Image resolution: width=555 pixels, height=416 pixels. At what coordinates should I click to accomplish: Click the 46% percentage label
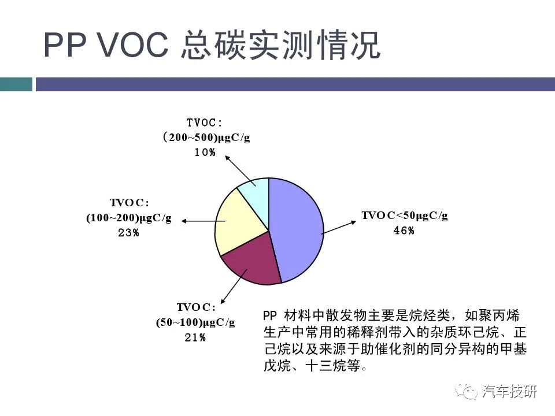[x=404, y=231]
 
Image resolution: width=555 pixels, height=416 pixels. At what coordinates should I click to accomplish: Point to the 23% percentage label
[x=128, y=233]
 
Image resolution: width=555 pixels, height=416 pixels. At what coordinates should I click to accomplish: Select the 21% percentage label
[x=195, y=337]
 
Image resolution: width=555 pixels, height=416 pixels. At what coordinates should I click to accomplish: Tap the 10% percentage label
[x=205, y=153]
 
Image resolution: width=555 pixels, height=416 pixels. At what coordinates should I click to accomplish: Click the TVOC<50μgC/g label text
[x=405, y=216]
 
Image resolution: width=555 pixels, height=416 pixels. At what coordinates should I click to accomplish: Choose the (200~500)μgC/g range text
[x=206, y=138]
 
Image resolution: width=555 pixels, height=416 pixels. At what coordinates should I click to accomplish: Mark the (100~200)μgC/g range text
[x=129, y=218]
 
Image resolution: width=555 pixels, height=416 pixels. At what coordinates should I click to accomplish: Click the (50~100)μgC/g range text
[x=195, y=322]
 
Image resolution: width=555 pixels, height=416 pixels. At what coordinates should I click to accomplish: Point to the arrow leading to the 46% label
[x=339, y=228]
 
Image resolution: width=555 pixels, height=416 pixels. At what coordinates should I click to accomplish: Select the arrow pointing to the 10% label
[x=240, y=171]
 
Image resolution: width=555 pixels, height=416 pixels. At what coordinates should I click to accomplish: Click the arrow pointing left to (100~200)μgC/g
[x=203, y=221]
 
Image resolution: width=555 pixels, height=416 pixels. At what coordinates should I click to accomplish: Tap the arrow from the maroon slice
[x=234, y=286]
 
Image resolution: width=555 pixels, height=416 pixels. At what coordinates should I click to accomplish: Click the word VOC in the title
[x=133, y=44]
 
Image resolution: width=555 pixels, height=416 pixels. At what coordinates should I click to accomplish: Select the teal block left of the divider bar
[x=16, y=84]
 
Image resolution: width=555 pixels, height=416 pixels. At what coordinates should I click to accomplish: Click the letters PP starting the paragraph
[x=270, y=315]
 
